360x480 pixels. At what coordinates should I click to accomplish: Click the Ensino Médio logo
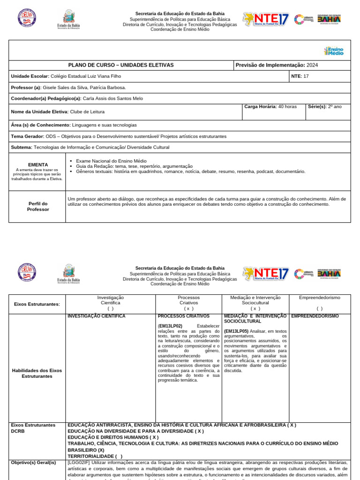[x=334, y=51]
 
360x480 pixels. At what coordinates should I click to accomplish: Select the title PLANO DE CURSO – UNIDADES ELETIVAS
[x=121, y=65]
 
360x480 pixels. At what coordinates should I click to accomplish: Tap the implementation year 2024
[x=312, y=65]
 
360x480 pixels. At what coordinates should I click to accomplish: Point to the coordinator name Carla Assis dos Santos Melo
[x=112, y=98]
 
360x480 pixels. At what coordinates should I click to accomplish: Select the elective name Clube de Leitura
[x=87, y=112]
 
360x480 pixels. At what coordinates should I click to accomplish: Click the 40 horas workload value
[x=287, y=106]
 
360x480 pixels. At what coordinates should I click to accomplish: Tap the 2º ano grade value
[x=335, y=106]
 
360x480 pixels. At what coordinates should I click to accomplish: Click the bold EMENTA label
[x=38, y=165]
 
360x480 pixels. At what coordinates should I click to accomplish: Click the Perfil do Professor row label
[x=38, y=207]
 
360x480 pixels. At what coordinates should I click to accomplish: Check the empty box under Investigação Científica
[x=110, y=308]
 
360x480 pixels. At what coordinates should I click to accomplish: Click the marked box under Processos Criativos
[x=188, y=308]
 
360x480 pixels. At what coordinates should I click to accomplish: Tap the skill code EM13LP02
[x=170, y=326]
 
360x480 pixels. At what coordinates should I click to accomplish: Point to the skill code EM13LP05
[x=236, y=331]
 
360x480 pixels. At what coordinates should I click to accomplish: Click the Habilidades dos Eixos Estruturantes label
[x=37, y=373]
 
